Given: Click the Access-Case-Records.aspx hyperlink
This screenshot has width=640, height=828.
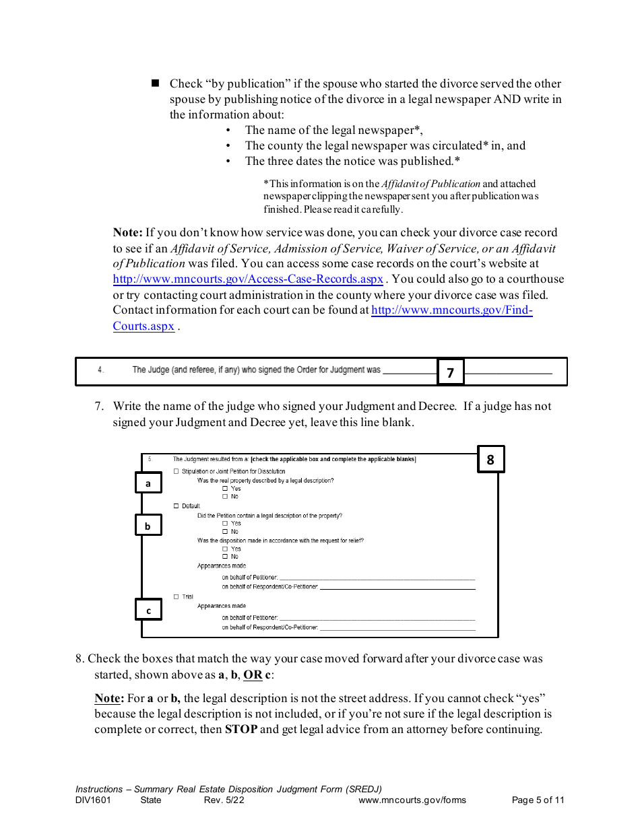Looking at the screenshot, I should (248, 279).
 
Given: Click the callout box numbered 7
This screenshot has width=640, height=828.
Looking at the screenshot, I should (451, 372).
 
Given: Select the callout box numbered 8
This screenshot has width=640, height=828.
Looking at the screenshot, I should (490, 460).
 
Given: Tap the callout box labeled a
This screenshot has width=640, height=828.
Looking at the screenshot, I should (148, 483).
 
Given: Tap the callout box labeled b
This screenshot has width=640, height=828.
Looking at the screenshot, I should (148, 526).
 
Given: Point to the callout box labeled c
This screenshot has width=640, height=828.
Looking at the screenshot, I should (148, 611).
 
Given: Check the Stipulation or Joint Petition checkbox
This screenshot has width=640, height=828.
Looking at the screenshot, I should (177, 472).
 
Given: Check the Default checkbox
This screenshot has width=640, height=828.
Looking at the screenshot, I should (177, 506).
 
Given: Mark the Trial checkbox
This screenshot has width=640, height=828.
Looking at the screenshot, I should (177, 597).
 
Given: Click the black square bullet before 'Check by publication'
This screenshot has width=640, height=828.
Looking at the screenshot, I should (155, 83).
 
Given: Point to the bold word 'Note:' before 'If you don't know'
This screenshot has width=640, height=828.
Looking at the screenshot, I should (127, 233).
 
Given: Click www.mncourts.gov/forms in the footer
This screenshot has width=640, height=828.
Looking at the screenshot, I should (412, 800).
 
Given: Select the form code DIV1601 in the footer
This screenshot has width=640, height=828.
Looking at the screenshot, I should (93, 800).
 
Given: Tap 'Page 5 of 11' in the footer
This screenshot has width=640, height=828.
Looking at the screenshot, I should (538, 800).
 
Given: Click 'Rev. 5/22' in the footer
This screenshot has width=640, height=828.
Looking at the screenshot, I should (224, 800).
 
